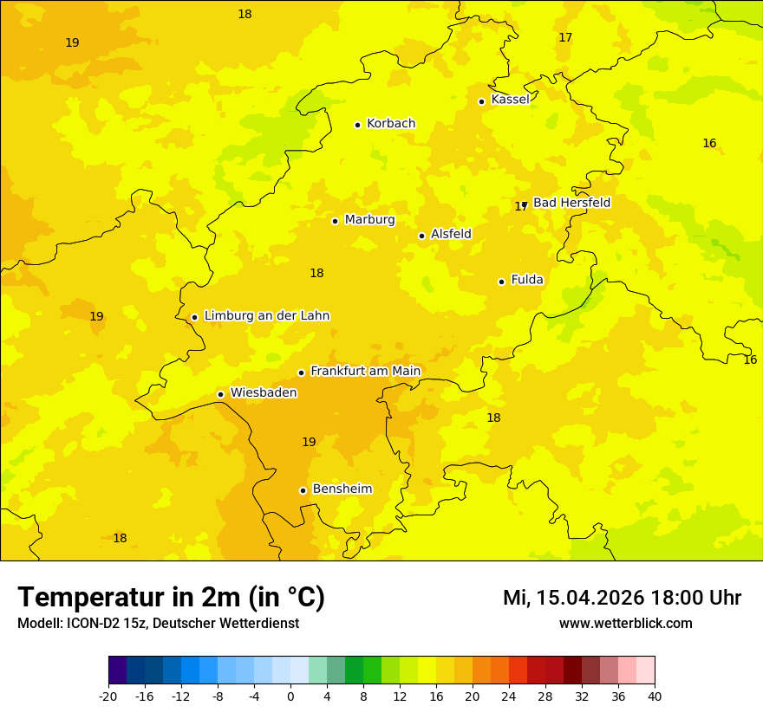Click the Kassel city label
(x=510, y=100)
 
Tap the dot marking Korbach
(x=357, y=125)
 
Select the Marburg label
(x=369, y=220)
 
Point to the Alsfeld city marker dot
(x=421, y=236)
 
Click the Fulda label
(x=527, y=280)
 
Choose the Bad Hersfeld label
(x=571, y=203)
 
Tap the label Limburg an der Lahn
(x=266, y=316)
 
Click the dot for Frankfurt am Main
(x=301, y=372)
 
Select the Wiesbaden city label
(x=263, y=393)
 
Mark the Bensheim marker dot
(x=303, y=490)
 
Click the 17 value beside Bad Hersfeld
(x=519, y=206)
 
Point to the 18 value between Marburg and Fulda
(x=316, y=274)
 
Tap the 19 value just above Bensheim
(x=309, y=443)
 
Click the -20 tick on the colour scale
(x=108, y=696)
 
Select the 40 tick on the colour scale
(x=655, y=696)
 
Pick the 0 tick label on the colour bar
(x=290, y=696)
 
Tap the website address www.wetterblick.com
(x=625, y=623)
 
